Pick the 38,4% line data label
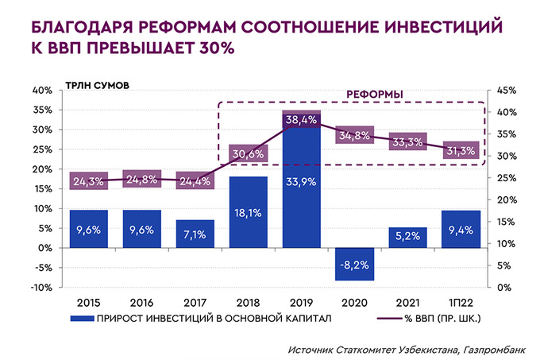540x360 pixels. pyautogui.click(x=302, y=120)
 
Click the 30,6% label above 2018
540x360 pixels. pyautogui.click(x=248, y=153)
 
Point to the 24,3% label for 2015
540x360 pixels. pyautogui.click(x=88, y=181)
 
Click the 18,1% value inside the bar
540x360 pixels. pyautogui.click(x=248, y=212)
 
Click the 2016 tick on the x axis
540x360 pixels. pyautogui.click(x=141, y=303)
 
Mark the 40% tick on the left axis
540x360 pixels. pyautogui.click(x=42, y=91)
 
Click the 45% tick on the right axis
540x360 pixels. pyautogui.click(x=507, y=91)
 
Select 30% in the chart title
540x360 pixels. pyautogui.click(x=209, y=48)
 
